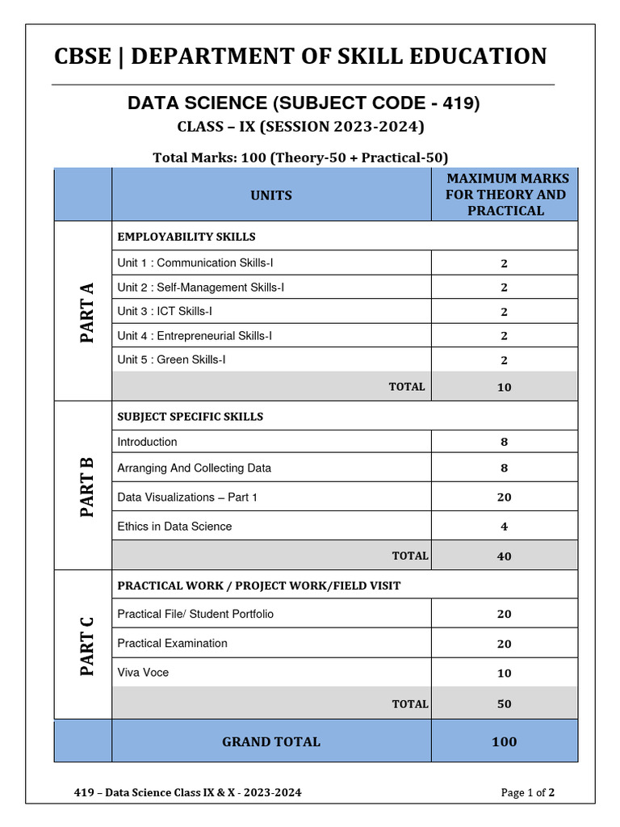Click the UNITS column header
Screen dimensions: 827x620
tap(271, 195)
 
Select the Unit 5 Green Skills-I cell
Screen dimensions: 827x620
tap(171, 359)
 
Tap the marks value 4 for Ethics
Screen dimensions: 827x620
tap(504, 527)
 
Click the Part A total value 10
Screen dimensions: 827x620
tap(504, 387)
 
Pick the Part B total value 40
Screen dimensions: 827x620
tap(504, 556)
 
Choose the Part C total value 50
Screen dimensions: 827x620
tap(504, 703)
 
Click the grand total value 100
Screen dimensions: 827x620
tap(504, 741)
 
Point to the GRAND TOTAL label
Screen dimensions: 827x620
tap(271, 741)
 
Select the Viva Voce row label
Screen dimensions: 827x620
tap(143, 673)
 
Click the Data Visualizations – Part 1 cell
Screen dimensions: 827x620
tap(187, 497)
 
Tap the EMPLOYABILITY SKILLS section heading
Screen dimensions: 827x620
tap(186, 237)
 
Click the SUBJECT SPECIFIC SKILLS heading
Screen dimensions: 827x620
tap(191, 417)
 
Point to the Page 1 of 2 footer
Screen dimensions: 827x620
tap(527, 792)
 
